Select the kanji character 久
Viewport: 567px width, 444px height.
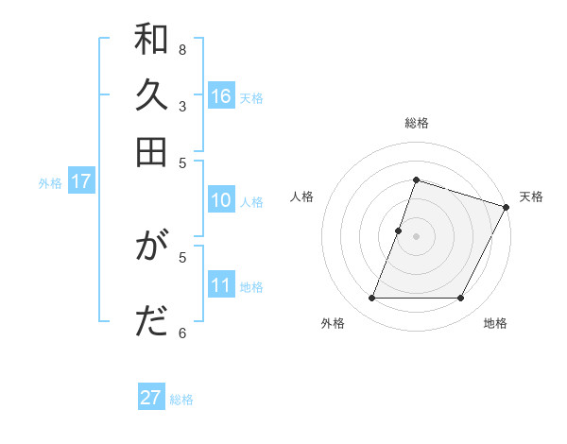(x=151, y=96)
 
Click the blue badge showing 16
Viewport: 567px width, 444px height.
(x=221, y=95)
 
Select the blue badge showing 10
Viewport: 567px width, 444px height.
(x=221, y=200)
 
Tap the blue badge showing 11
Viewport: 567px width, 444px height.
(x=221, y=285)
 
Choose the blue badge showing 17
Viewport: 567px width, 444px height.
(x=80, y=181)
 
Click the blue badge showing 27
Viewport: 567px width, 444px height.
(x=151, y=398)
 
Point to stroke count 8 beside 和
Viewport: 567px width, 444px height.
(x=182, y=49)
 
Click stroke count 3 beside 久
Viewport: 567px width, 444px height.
(x=182, y=106)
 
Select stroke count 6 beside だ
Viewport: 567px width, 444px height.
(x=182, y=332)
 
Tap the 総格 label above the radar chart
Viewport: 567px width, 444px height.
(x=416, y=123)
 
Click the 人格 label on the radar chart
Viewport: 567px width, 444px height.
(x=302, y=196)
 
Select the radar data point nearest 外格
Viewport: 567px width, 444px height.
(x=371, y=299)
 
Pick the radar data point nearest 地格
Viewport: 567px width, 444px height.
(x=461, y=299)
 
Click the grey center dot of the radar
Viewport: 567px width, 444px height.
(x=416, y=236)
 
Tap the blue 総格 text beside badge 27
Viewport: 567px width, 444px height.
(x=181, y=400)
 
